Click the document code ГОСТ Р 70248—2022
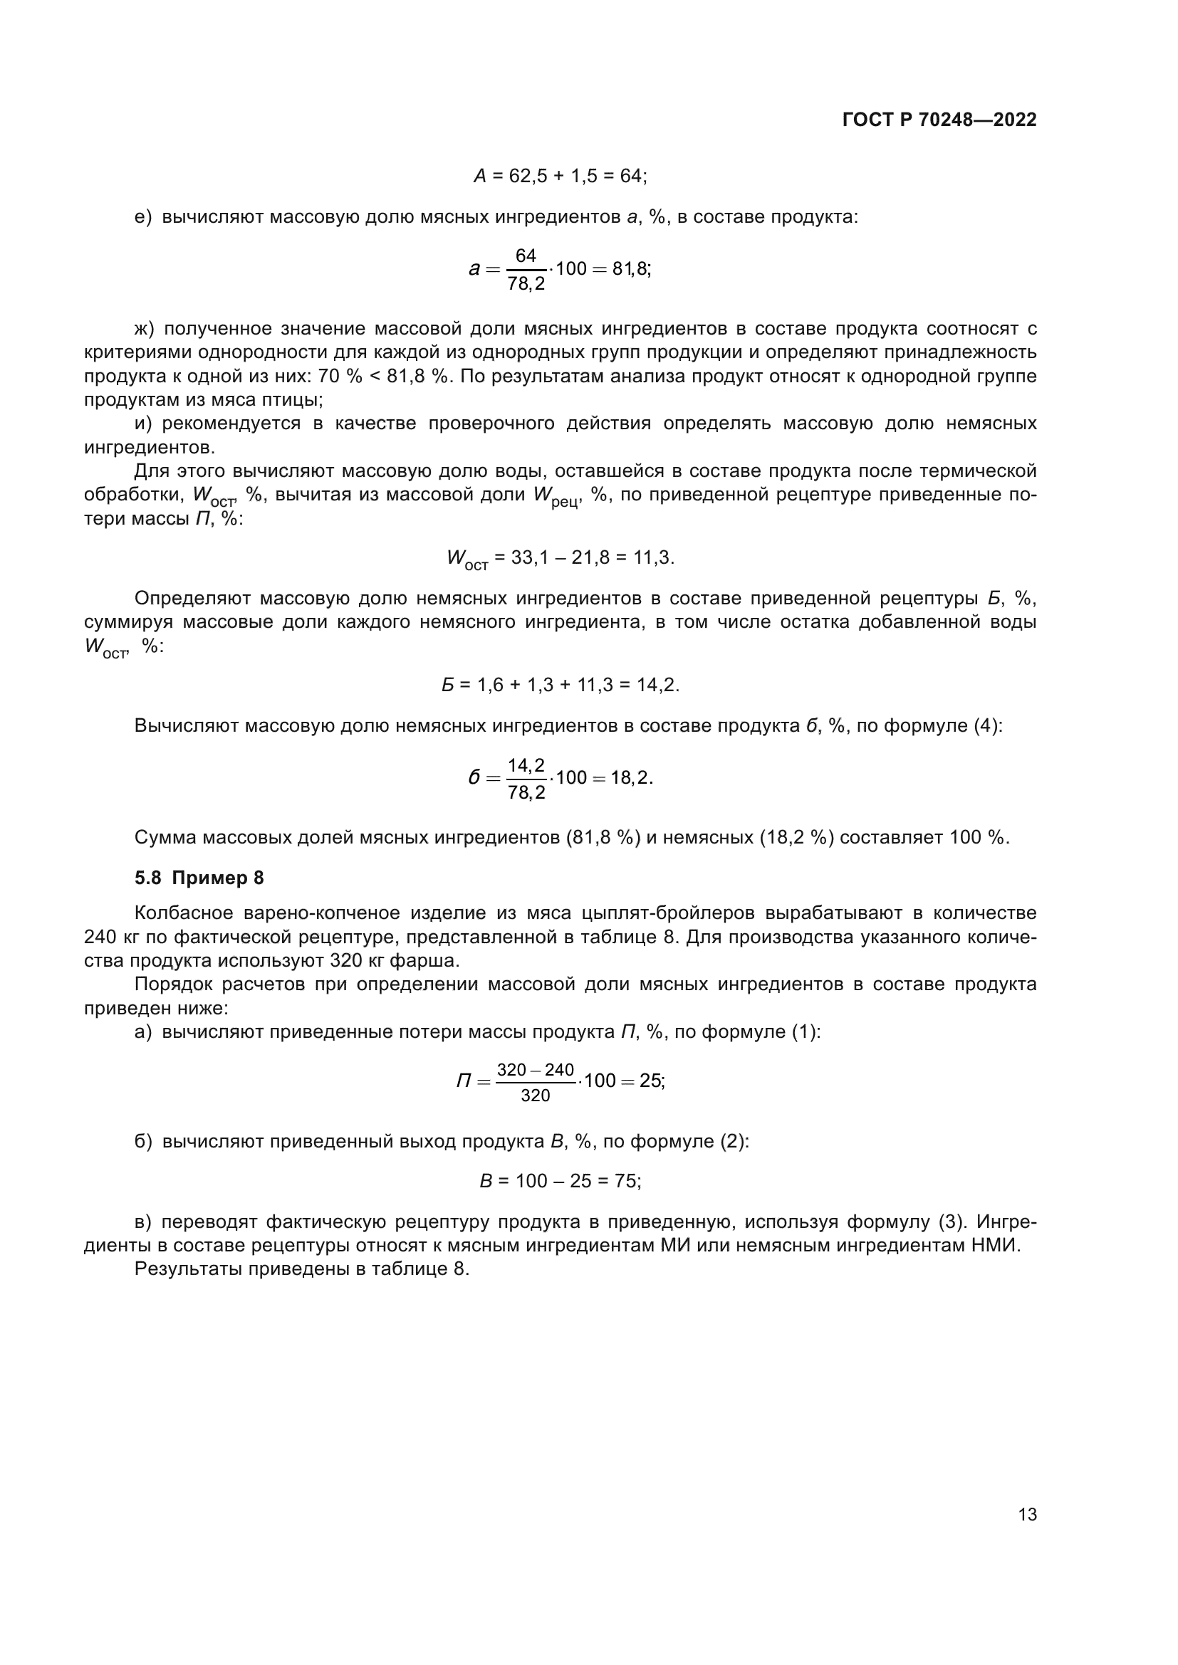coord(939,120)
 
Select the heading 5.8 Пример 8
coord(199,878)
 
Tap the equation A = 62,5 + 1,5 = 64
coord(560,176)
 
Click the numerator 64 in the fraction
coord(525,256)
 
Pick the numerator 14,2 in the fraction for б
coord(526,765)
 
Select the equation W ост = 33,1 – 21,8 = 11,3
coord(560,557)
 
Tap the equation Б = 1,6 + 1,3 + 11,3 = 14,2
coord(560,685)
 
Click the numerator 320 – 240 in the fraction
coord(536,1071)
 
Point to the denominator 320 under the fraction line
coord(536,1096)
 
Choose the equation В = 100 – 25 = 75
coord(560,1182)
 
